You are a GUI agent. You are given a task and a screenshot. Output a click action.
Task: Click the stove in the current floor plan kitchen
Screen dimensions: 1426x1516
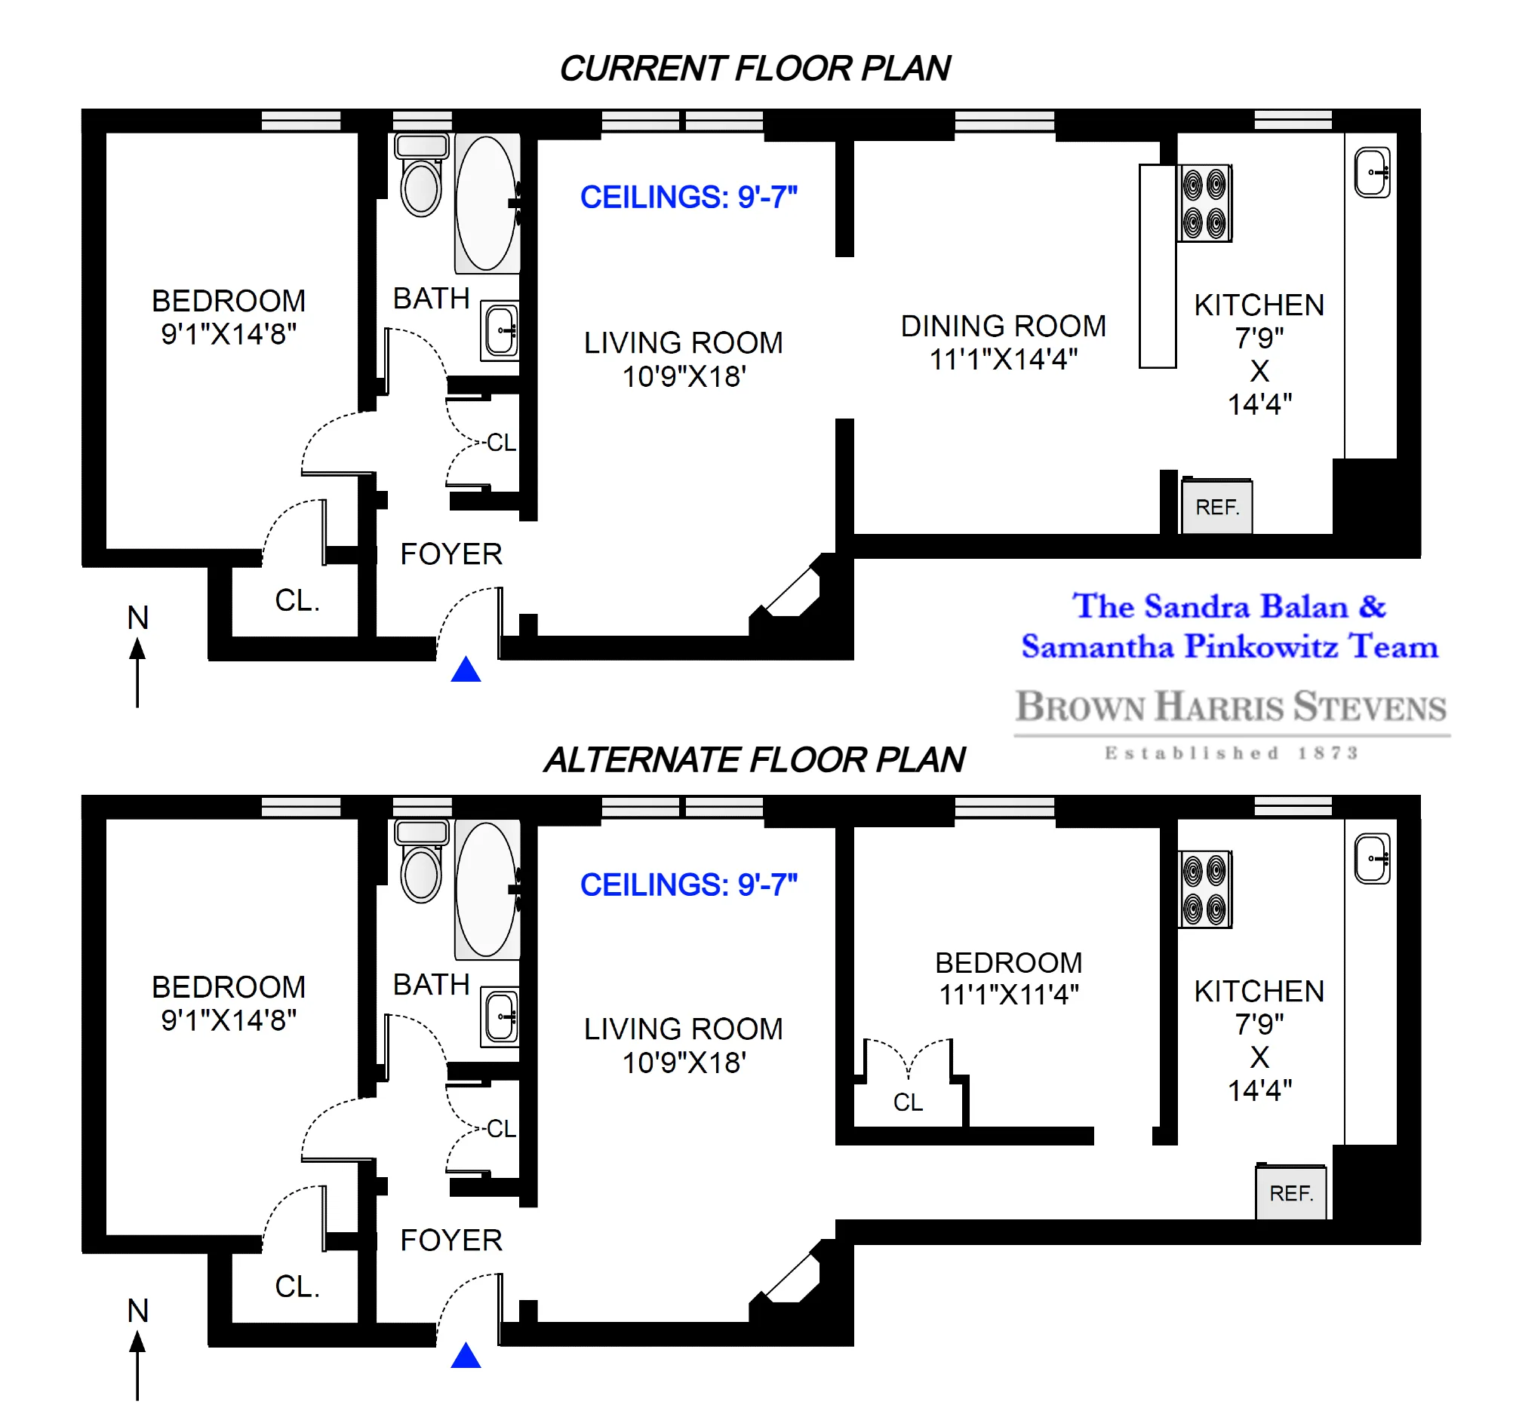pyautogui.click(x=1204, y=203)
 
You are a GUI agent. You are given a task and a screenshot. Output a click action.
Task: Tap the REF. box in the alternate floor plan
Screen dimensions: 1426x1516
pyautogui.click(x=1290, y=1193)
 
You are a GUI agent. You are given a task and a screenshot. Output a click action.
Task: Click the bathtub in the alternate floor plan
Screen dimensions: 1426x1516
pyautogui.click(x=487, y=889)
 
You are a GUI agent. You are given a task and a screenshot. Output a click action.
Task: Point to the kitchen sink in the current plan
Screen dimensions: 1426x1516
pyautogui.click(x=1372, y=173)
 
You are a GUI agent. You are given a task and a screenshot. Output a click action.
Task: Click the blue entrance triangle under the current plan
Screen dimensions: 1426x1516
pyautogui.click(x=465, y=670)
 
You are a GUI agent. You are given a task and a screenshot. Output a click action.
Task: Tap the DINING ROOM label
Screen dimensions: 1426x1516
pyautogui.click(x=1003, y=327)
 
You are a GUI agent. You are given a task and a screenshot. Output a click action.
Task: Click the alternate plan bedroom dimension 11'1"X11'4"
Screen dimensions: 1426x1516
pyautogui.click(x=1008, y=995)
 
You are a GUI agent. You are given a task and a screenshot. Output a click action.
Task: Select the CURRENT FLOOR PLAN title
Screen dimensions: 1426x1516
pyautogui.click(x=754, y=69)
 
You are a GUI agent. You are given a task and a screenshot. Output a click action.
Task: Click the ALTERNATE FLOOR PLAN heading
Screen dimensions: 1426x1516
pyautogui.click(x=754, y=760)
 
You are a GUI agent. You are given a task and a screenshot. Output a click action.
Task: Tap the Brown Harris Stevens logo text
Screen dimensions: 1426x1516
pyautogui.click(x=1230, y=707)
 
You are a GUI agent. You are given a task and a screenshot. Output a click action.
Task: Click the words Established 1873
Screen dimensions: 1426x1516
pyautogui.click(x=1230, y=754)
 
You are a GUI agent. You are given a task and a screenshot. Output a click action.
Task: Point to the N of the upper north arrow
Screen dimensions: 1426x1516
pyautogui.click(x=138, y=618)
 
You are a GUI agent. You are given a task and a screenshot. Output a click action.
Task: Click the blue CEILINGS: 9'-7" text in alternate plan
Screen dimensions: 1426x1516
pyautogui.click(x=688, y=885)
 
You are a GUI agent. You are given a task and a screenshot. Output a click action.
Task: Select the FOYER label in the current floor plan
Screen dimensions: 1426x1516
pyautogui.click(x=451, y=554)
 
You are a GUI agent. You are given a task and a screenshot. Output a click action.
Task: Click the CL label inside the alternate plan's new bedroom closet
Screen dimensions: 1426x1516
pyautogui.click(x=908, y=1102)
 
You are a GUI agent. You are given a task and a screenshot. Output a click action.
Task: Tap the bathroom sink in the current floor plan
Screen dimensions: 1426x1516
pyautogui.click(x=500, y=330)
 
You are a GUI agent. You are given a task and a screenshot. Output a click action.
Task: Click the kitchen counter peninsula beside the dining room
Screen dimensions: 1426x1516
pyautogui.click(x=1157, y=266)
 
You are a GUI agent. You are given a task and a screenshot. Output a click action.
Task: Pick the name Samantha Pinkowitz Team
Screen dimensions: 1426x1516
pyautogui.click(x=1229, y=647)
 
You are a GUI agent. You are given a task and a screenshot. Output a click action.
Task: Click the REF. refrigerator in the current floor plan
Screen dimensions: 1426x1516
pyautogui.click(x=1216, y=507)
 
